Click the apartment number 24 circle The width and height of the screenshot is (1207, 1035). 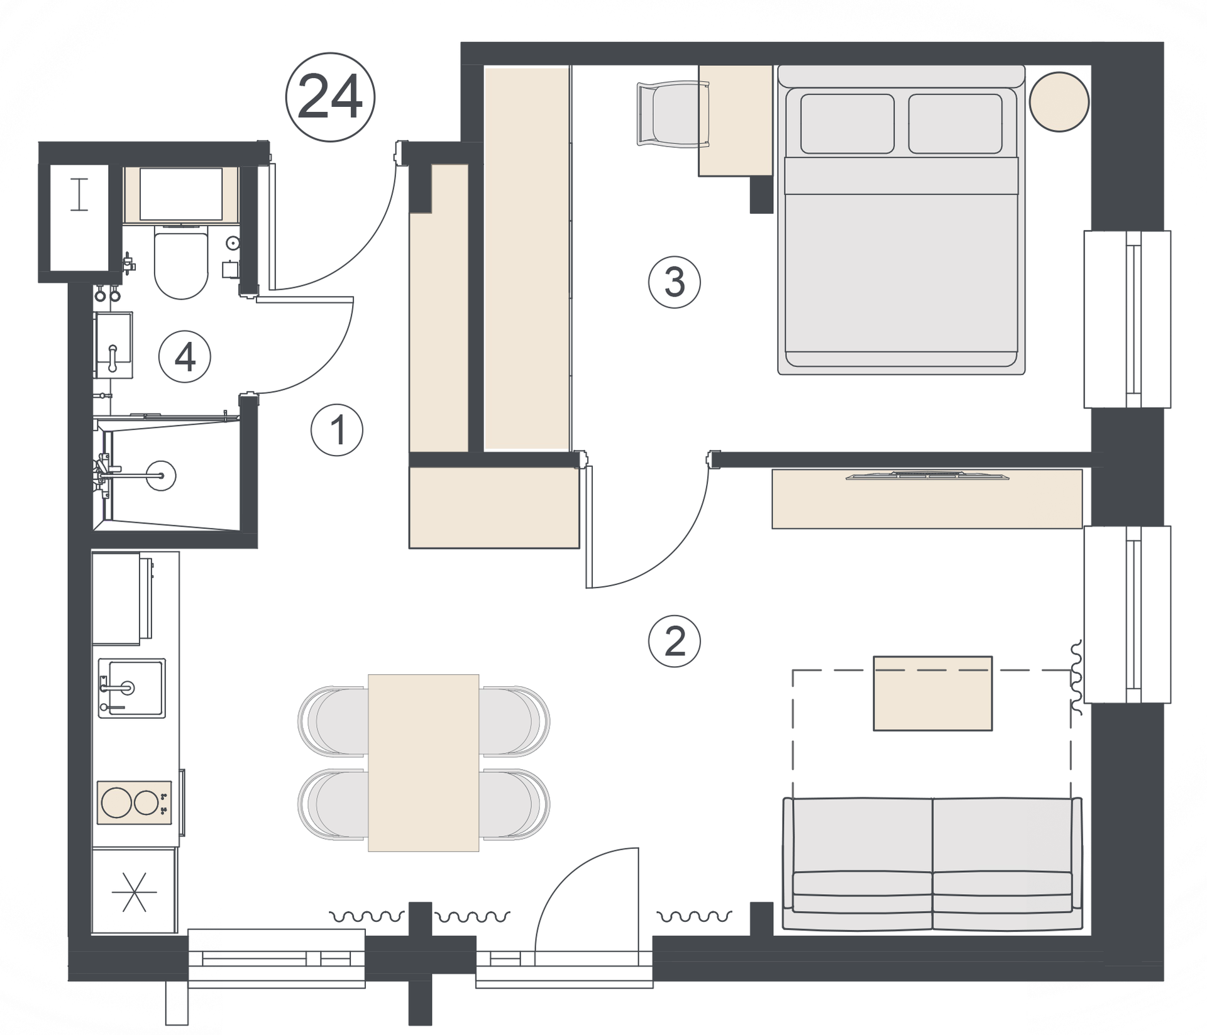pos(330,97)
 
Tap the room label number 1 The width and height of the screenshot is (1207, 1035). pos(337,430)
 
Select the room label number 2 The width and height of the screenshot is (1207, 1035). pos(675,641)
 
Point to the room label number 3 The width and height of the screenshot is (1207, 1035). pos(675,282)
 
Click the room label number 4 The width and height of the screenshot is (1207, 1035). pos(184,357)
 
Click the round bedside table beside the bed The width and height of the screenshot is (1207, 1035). pos(1059,102)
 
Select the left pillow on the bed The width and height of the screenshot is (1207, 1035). pos(847,124)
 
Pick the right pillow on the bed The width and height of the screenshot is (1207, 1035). pos(956,124)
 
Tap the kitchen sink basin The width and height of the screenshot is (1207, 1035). pos(131,688)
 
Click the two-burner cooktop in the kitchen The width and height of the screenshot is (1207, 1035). pos(134,802)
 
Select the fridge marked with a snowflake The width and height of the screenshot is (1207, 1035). pos(134,891)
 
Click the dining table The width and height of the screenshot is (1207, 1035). pos(424,763)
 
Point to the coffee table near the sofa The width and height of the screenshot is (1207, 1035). pos(933,694)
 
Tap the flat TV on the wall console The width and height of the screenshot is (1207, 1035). pos(927,476)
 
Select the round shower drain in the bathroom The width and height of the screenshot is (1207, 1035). pos(161,476)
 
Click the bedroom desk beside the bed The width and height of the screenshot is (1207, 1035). pos(736,120)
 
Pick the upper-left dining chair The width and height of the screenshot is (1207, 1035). pos(333,721)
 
